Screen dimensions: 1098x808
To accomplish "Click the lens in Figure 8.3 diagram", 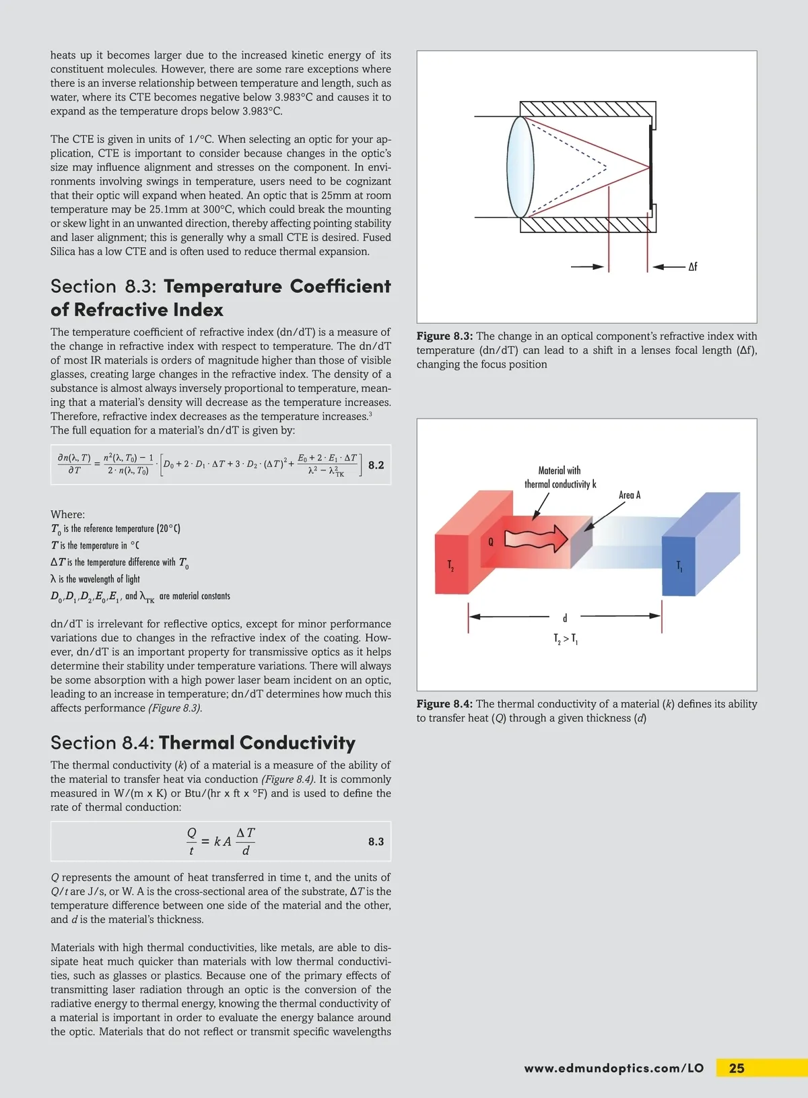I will point(520,167).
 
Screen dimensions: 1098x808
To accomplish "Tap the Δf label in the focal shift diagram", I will point(692,267).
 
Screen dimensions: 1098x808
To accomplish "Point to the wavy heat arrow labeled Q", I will point(536,539).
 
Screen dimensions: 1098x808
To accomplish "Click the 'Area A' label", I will point(630,495).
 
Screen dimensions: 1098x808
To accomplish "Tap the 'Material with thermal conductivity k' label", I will point(560,477).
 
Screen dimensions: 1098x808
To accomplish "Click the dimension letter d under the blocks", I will point(565,617).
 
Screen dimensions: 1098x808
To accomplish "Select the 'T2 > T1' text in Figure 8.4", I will point(566,639).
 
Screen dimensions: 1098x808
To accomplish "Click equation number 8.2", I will point(376,465).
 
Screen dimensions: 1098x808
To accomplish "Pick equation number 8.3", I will point(376,842).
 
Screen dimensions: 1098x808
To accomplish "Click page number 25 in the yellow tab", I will point(737,1068).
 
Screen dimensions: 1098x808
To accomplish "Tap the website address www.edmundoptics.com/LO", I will point(613,1068).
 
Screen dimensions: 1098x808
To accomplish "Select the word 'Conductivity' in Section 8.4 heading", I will point(297,743).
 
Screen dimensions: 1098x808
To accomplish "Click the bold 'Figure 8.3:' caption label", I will point(444,337).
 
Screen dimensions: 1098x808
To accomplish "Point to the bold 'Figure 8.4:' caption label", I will point(444,704).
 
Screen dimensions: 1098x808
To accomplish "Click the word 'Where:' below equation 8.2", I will point(67,514).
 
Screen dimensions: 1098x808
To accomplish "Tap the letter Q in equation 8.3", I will point(192,833).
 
